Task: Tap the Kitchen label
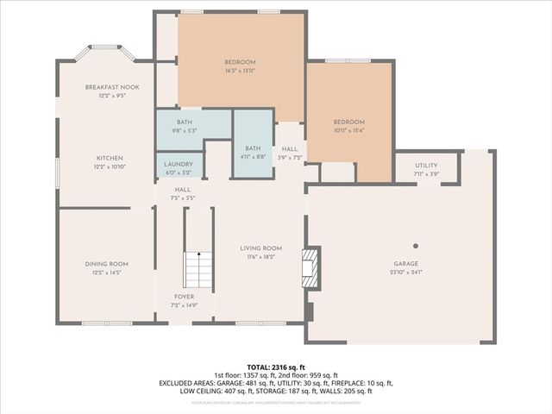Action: pos(109,158)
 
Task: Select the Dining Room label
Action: pos(106,264)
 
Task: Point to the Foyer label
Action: pos(185,296)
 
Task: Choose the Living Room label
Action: pos(260,248)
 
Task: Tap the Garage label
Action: pos(405,264)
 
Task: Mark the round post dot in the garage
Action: pos(416,245)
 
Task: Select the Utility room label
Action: pos(426,165)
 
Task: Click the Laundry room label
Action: pos(179,165)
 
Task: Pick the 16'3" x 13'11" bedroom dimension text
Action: pos(241,71)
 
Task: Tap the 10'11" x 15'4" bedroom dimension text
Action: pos(349,130)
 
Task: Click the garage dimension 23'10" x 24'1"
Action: pos(405,273)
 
